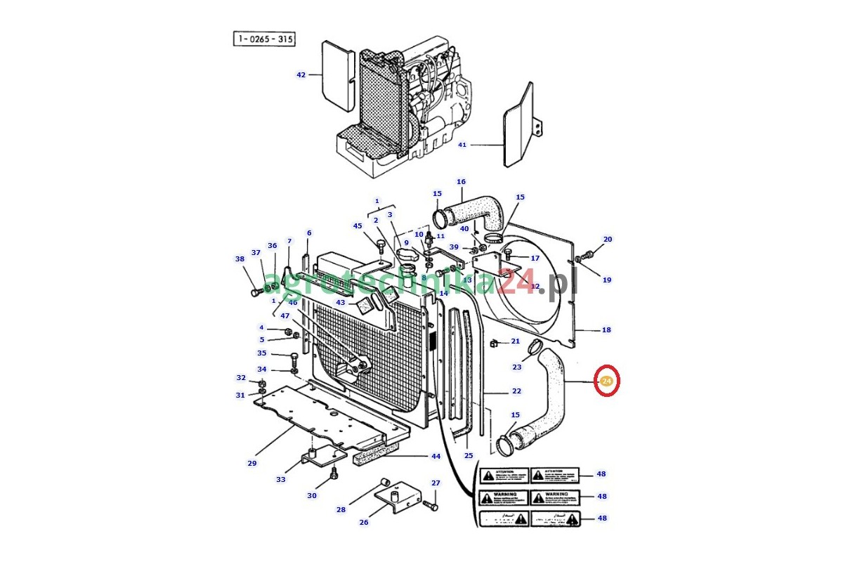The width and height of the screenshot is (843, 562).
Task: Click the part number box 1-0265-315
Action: click(264, 39)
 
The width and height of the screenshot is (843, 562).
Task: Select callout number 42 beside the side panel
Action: click(301, 74)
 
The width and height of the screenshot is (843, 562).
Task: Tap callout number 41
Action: click(462, 145)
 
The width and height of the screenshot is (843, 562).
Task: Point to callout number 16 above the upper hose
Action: click(461, 182)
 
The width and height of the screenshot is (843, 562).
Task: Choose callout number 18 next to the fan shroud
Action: click(606, 329)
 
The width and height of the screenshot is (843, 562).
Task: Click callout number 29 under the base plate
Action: click(251, 463)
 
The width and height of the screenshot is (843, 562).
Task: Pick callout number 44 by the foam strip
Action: click(436, 456)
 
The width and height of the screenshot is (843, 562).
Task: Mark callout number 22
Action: click(516, 391)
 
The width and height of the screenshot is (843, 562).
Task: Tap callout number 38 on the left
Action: click(240, 259)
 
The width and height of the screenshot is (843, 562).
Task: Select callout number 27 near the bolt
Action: click(436, 483)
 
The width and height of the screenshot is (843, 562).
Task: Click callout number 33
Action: click(280, 479)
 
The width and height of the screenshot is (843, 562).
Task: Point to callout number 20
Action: click(608, 239)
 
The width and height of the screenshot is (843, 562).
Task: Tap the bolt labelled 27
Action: click(429, 504)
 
